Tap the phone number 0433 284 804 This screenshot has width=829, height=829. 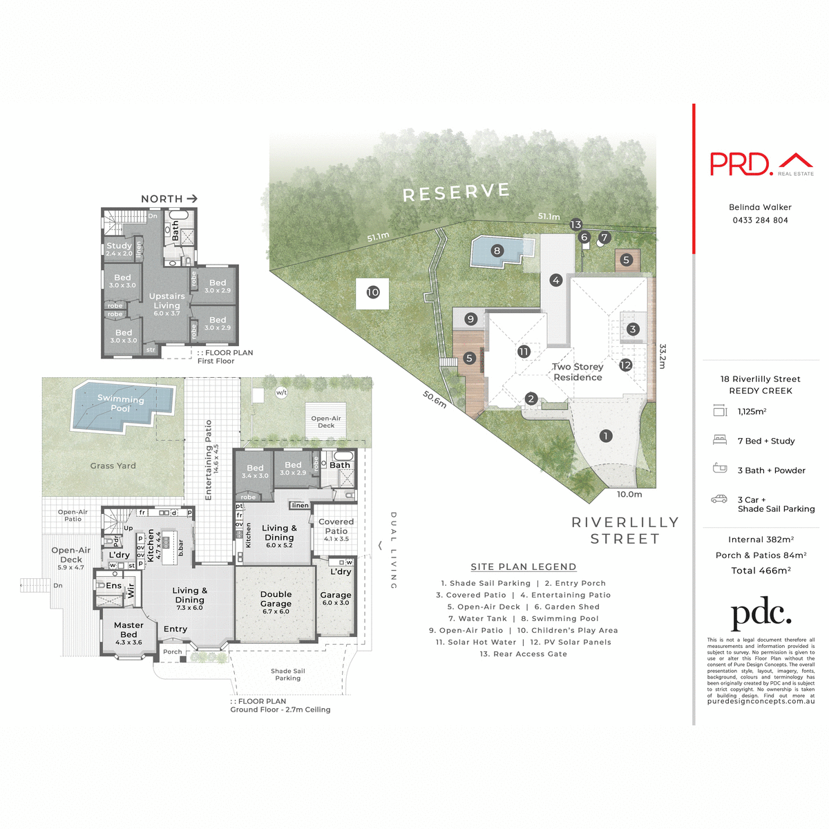760,220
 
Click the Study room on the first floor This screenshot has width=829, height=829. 119,249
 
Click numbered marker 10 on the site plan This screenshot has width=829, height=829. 373,292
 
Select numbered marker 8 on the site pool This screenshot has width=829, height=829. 497,251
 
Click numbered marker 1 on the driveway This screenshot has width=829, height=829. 606,436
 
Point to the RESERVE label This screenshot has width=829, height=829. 456,193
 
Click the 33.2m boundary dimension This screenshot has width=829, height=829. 663,356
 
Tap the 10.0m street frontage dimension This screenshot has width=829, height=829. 629,494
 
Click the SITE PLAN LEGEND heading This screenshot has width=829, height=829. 523,566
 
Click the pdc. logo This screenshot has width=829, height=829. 761,613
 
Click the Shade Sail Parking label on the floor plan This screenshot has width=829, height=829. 287,674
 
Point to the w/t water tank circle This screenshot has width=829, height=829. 281,392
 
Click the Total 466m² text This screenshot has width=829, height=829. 761,571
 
